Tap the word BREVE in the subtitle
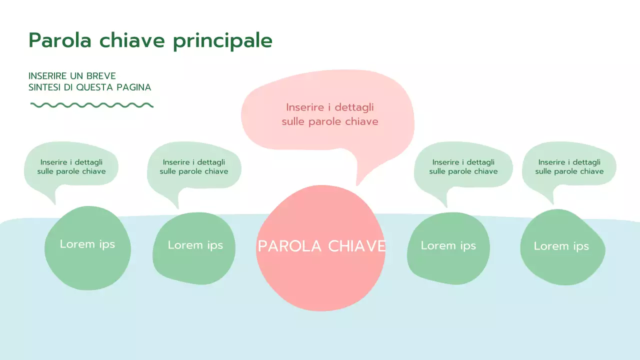(x=101, y=76)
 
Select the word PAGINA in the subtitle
(x=133, y=87)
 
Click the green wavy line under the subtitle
(x=91, y=105)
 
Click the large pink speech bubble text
(x=329, y=114)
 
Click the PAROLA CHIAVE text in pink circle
(x=321, y=246)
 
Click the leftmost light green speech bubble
(x=71, y=167)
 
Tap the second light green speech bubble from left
(x=194, y=167)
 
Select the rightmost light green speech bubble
(x=569, y=167)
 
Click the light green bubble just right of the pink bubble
(x=463, y=167)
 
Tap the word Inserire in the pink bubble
(x=303, y=107)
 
